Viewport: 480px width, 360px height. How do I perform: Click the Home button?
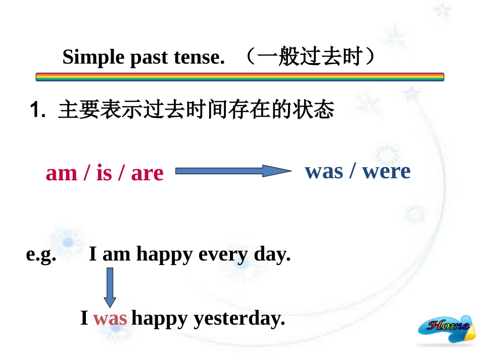447,328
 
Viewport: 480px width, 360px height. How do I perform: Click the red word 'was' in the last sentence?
110,319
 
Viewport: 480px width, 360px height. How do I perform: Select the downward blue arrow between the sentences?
109,287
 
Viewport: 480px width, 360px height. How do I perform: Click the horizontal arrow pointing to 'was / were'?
233,171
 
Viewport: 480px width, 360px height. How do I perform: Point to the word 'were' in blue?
387,171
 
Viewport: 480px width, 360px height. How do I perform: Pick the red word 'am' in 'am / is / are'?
61,173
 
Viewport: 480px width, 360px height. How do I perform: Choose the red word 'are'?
147,173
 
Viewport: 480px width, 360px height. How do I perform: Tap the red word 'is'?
104,173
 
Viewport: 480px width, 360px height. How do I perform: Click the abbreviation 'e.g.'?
41,254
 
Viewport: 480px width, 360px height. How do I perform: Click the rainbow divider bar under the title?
239,77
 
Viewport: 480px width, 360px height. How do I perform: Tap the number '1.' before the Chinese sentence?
38,110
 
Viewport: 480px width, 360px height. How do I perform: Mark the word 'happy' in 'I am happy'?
164,254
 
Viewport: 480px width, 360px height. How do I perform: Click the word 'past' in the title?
149,58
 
